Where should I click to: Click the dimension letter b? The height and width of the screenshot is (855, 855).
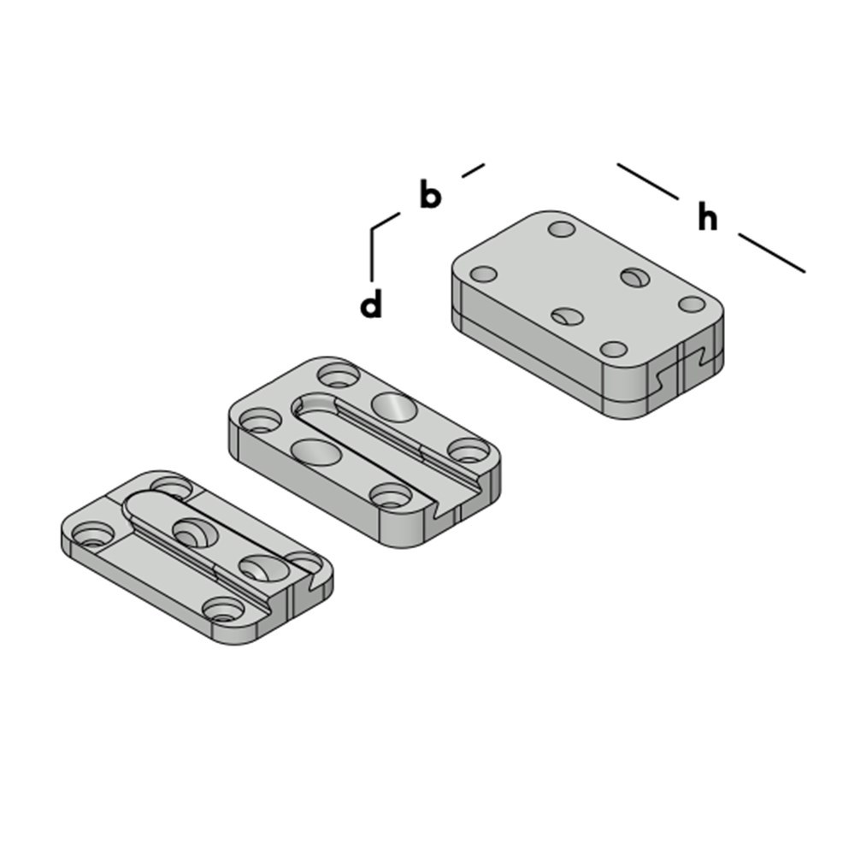pos(431,195)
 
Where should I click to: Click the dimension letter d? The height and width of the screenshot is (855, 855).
pos(371,305)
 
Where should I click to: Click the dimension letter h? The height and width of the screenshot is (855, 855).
pos(707,218)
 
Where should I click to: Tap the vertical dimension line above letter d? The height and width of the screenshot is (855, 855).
pos(372,252)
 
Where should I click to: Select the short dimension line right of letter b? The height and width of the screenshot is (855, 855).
pos(473,170)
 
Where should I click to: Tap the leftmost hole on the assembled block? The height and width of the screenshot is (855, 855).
pos(484,274)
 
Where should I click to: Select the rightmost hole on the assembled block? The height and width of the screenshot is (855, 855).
pos(692,304)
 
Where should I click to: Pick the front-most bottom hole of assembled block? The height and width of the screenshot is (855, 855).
pos(614,349)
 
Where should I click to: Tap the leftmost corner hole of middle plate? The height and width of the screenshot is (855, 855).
pos(256,421)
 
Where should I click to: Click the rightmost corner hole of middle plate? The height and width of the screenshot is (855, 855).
pos(466,448)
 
